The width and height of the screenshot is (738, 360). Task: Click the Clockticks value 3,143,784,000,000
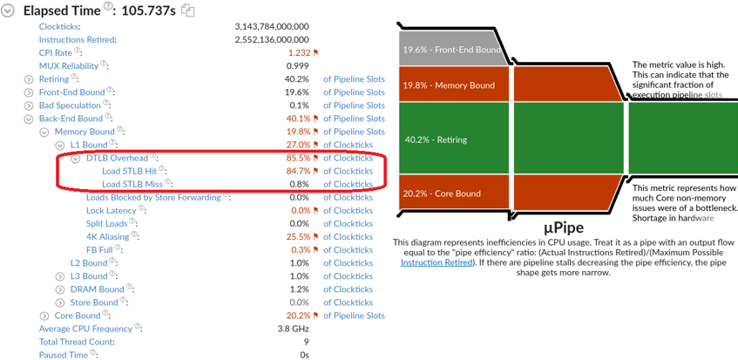point(271,26)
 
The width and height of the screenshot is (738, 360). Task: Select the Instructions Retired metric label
point(78,39)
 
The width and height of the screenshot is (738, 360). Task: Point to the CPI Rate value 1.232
point(298,52)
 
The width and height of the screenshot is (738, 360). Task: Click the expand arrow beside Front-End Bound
point(30,92)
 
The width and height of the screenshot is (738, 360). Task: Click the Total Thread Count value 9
point(305,342)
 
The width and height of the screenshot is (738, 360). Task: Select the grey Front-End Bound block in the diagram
point(451,50)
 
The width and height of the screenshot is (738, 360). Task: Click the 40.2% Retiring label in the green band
point(437,139)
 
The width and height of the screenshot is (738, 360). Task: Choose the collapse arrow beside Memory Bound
point(44,132)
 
